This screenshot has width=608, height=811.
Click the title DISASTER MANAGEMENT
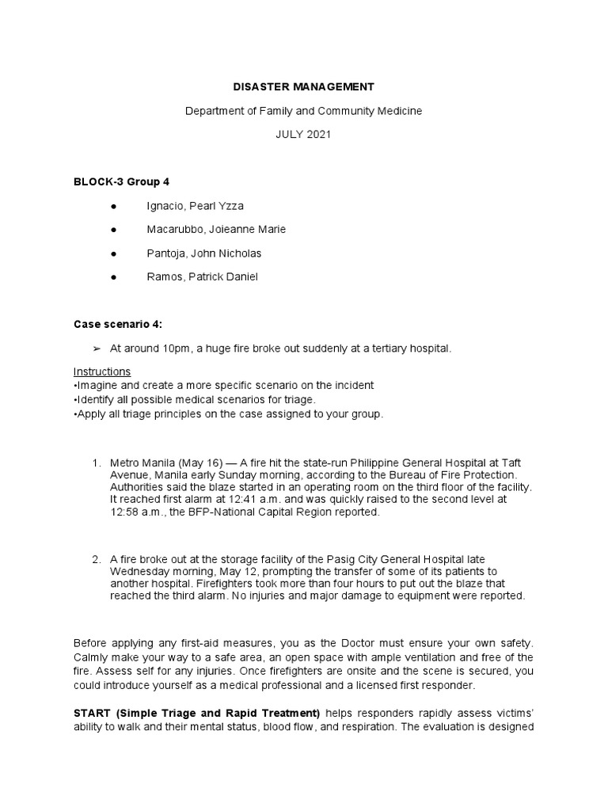pyautogui.click(x=303, y=86)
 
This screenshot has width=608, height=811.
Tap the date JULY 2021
pyautogui.click(x=303, y=135)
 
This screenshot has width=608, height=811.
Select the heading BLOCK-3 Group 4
pyautogui.click(x=121, y=181)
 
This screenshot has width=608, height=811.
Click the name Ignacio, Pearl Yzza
pyautogui.click(x=195, y=206)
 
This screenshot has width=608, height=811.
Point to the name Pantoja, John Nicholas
pyautogui.click(x=203, y=253)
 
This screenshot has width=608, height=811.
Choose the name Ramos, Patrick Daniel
pyautogui.click(x=202, y=277)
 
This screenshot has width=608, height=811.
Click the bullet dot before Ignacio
pyautogui.click(x=116, y=206)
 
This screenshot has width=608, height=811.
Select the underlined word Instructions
pyautogui.click(x=102, y=371)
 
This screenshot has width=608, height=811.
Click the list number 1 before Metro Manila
pyautogui.click(x=95, y=463)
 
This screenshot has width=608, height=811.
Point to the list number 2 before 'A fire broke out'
pyautogui.click(x=95, y=560)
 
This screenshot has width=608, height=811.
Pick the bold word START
pyautogui.click(x=91, y=712)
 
